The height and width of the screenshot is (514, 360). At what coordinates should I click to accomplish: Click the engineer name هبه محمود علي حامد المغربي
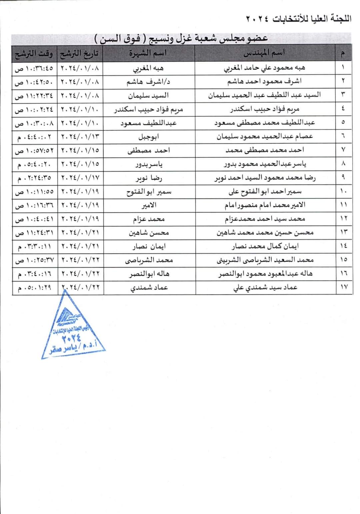264,68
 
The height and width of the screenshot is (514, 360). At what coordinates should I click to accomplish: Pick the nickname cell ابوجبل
148,137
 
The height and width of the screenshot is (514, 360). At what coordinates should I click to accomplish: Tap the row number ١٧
344,287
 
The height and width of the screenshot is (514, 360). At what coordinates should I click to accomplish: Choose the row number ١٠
344,191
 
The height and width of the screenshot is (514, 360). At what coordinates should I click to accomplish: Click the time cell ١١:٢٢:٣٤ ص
34,96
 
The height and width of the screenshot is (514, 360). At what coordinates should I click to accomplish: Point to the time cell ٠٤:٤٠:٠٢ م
34,137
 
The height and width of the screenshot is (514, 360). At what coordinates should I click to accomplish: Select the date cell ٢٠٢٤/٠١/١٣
80,137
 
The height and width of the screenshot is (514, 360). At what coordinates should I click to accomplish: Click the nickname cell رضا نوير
148,178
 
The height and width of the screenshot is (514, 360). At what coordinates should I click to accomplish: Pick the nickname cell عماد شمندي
148,288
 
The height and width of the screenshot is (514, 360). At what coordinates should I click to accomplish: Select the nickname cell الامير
148,205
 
